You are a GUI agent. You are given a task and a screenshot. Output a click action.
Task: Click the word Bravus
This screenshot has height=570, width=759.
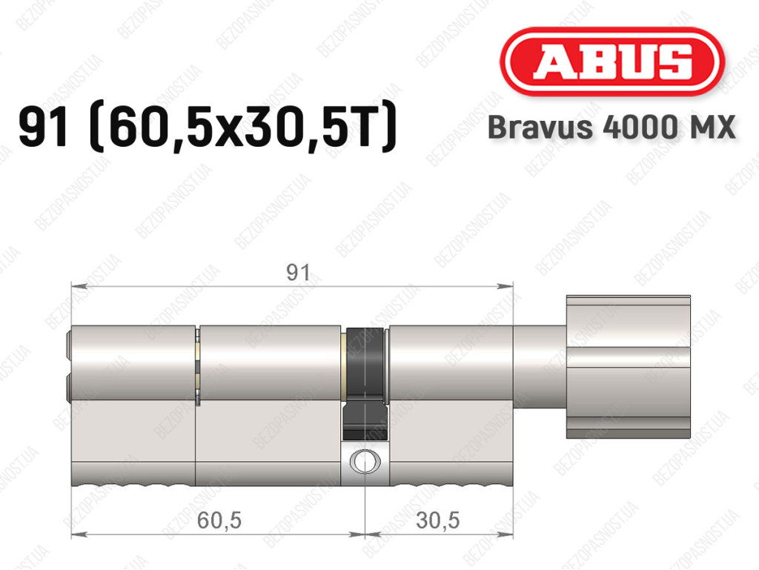tap(540, 127)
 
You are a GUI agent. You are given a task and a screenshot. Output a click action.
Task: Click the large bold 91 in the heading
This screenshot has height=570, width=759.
tap(44, 127)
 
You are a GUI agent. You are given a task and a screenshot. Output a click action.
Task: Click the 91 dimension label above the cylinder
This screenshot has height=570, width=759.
tap(298, 273)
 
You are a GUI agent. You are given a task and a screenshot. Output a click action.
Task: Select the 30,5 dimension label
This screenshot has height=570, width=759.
tap(437, 520)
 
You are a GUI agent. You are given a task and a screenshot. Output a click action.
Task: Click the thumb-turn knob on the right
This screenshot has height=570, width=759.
tap(628, 367)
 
